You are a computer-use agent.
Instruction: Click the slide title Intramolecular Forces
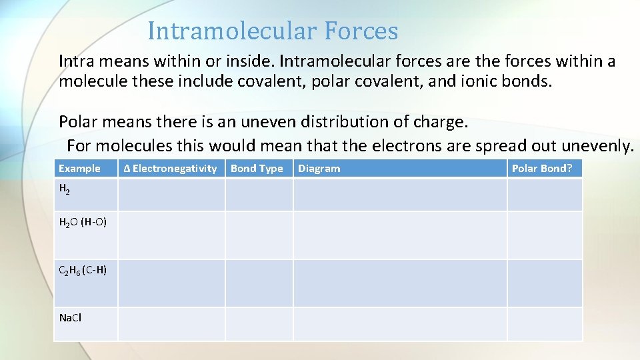273,31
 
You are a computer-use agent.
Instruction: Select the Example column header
79,169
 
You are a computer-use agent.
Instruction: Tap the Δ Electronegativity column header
171,169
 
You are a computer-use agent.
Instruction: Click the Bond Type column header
257,169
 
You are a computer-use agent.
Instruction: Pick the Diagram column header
319,169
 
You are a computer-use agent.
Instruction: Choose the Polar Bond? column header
541,169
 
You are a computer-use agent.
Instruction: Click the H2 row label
64,189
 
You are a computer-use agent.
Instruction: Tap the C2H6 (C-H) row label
83,270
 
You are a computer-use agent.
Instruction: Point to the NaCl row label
70,318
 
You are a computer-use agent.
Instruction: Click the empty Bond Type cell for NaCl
259,324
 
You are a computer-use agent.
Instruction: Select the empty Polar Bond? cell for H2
545,195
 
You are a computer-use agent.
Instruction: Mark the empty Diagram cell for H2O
400,235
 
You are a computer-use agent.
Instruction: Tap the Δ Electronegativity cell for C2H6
171,283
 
